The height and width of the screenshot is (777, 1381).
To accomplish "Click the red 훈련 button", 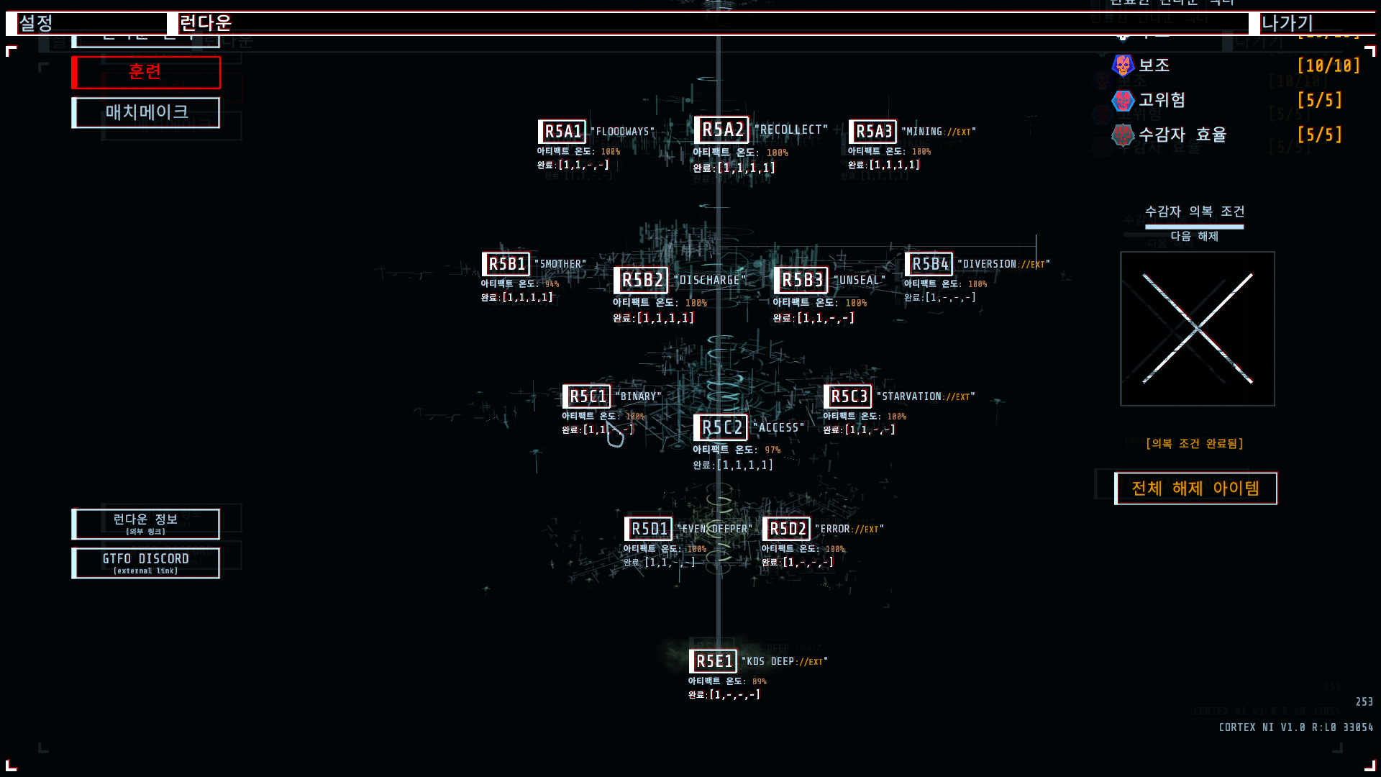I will [x=146, y=72].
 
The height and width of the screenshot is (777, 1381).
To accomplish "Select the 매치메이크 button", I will [x=146, y=112].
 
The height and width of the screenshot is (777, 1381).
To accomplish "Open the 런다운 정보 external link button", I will [x=146, y=524].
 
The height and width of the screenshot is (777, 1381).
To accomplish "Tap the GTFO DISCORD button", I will [x=146, y=563].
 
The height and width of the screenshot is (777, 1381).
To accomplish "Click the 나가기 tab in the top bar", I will [x=1287, y=23].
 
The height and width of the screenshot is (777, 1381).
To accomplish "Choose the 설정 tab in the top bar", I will [x=36, y=23].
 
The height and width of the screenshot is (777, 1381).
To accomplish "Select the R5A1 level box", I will [x=562, y=132].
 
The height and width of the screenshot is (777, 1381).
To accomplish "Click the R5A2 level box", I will [x=721, y=129].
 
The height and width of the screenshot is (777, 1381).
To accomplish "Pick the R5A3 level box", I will [x=873, y=132].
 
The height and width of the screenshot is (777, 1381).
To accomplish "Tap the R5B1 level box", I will [x=506, y=264].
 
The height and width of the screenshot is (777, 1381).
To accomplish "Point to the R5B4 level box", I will [x=929, y=264].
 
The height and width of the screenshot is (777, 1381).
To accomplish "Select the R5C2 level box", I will [x=721, y=427].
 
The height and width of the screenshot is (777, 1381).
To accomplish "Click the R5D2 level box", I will [x=787, y=529].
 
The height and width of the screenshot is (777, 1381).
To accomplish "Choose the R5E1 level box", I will [x=713, y=661].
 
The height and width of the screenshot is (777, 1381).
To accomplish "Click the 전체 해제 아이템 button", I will [x=1195, y=489].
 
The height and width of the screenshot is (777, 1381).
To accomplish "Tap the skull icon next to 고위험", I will [x=1123, y=100].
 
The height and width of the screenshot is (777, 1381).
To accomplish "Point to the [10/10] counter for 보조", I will [x=1328, y=65].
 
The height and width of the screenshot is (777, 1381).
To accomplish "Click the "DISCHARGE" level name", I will [x=710, y=280].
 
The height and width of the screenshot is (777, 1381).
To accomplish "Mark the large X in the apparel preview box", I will [x=1198, y=329].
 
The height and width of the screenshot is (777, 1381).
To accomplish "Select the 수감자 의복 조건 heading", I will [x=1194, y=212].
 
